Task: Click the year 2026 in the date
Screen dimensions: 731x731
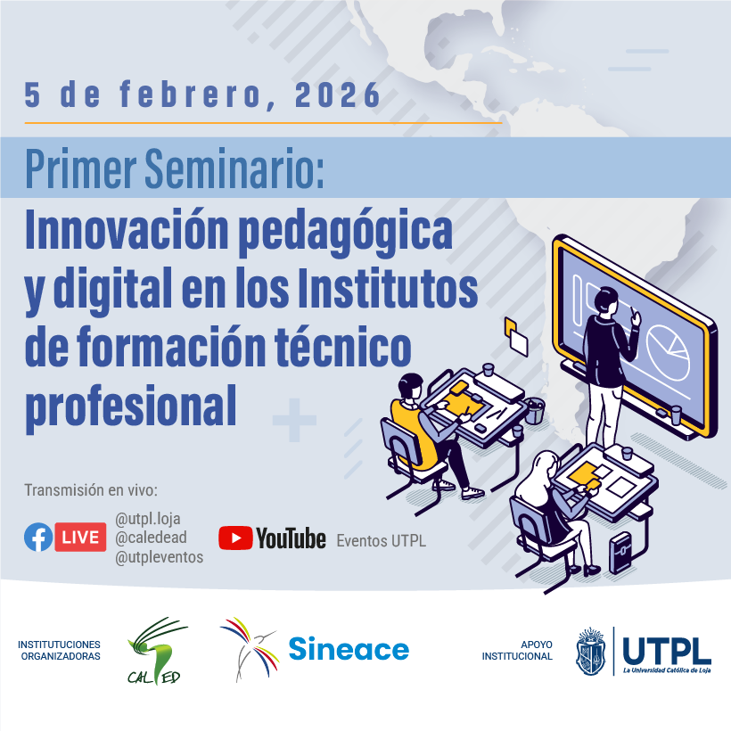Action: pyautogui.click(x=338, y=94)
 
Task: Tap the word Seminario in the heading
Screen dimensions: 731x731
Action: pyautogui.click(x=234, y=168)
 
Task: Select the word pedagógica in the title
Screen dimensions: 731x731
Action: pyautogui.click(x=346, y=232)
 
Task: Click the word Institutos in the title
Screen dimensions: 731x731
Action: pyautogui.click(x=388, y=288)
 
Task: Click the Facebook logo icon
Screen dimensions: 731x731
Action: pyautogui.click(x=38, y=537)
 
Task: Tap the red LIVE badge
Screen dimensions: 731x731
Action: pyautogui.click(x=80, y=537)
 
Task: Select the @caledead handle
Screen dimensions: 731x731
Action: pyautogui.click(x=151, y=538)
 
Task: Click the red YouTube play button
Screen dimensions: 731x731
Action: pyautogui.click(x=235, y=538)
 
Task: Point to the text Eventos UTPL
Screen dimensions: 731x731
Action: pyautogui.click(x=382, y=541)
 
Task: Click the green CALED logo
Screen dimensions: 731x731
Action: pyautogui.click(x=156, y=652)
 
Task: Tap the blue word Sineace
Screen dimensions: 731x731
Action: pyautogui.click(x=349, y=649)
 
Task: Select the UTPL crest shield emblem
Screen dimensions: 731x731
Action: pyautogui.click(x=591, y=651)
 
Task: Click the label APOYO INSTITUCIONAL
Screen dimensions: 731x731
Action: pyautogui.click(x=517, y=651)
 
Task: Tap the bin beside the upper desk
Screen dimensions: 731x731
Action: pyautogui.click(x=535, y=410)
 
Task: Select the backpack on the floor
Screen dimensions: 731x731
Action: pyautogui.click(x=621, y=553)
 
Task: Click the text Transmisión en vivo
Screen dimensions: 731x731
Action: pyautogui.click(x=91, y=490)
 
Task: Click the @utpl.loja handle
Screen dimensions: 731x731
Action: pyautogui.click(x=148, y=519)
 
